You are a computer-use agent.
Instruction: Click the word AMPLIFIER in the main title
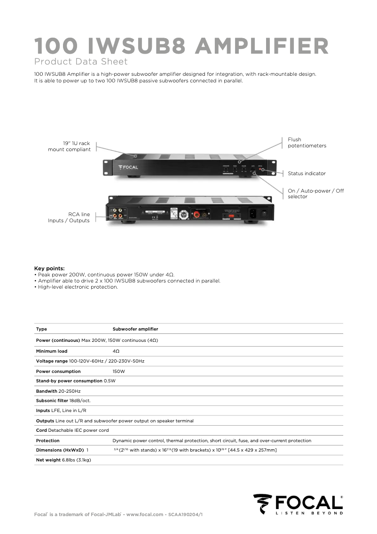[261, 46]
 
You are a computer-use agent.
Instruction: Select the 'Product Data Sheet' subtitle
[81, 62]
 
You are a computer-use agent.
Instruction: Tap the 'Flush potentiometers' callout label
[306, 143]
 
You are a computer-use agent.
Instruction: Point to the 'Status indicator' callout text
[306, 173]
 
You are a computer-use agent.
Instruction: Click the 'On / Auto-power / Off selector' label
[315, 194]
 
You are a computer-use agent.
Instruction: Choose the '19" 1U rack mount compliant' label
[69, 146]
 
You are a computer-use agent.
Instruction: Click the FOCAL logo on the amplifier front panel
[128, 167]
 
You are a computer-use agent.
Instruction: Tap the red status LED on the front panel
[262, 169]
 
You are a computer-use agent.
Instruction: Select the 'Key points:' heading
[49, 268]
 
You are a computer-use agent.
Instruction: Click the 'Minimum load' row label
[52, 351]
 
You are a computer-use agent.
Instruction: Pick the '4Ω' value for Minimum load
[116, 351]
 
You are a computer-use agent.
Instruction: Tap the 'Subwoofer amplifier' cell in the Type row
[135, 329]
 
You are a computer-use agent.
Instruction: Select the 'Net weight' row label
[48, 460]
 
